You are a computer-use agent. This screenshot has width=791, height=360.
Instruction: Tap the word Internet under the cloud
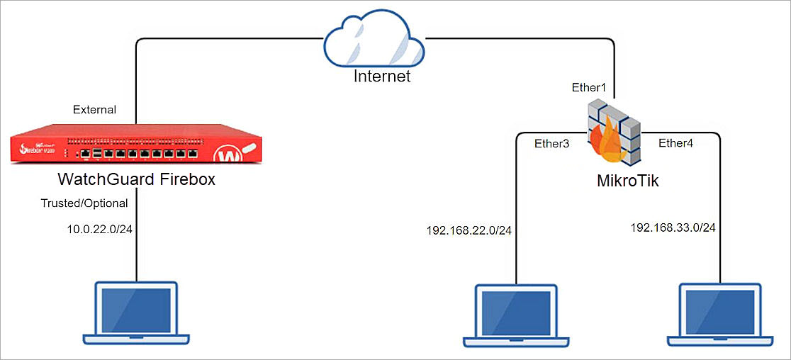pyautogui.click(x=382, y=76)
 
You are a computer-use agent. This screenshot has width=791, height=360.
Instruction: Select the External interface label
pyautogui.click(x=95, y=110)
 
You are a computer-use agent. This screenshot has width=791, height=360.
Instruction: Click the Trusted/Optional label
pyautogui.click(x=84, y=203)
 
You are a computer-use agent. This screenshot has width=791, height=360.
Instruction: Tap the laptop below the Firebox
pyautogui.click(x=136, y=312)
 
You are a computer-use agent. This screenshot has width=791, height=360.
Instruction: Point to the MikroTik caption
pyautogui.click(x=627, y=181)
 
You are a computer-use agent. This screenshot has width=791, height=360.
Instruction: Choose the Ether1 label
pyautogui.click(x=590, y=88)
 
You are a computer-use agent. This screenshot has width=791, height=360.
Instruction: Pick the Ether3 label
pyautogui.click(x=552, y=143)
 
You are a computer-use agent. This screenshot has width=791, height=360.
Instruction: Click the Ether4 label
pyautogui.click(x=677, y=143)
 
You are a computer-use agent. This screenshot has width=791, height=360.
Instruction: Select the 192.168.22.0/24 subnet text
pyautogui.click(x=469, y=230)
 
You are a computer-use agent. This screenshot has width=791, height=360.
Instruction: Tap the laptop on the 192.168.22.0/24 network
pyautogui.click(x=517, y=316)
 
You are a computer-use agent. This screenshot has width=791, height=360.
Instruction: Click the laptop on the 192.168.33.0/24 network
pyautogui.click(x=720, y=316)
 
